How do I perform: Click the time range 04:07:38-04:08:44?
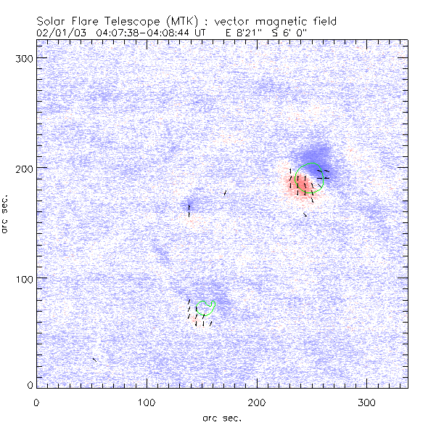coord(145,33)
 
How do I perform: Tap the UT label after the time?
coord(201,33)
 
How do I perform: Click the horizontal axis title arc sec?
coord(222,418)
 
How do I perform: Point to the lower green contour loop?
coord(207,307)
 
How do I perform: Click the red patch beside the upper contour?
coord(304,187)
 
